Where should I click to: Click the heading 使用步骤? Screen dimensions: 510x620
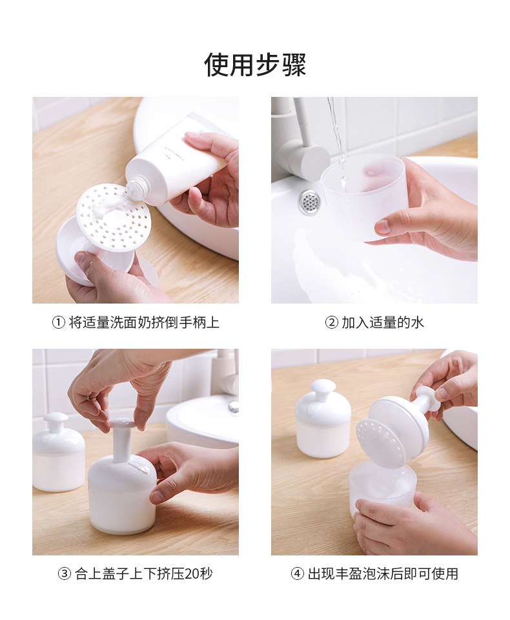click(255, 65)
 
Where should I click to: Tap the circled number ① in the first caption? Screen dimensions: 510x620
click(58, 323)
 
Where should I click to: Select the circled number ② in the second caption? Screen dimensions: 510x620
click(331, 323)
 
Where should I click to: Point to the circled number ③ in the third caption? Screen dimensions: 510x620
click(65, 573)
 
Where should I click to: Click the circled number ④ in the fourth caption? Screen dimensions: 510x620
click(298, 573)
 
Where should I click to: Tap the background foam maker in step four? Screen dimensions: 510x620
click(323, 418)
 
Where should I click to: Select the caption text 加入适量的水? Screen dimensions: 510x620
click(383, 323)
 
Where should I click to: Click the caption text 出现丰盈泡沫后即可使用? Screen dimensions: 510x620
click(383, 573)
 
